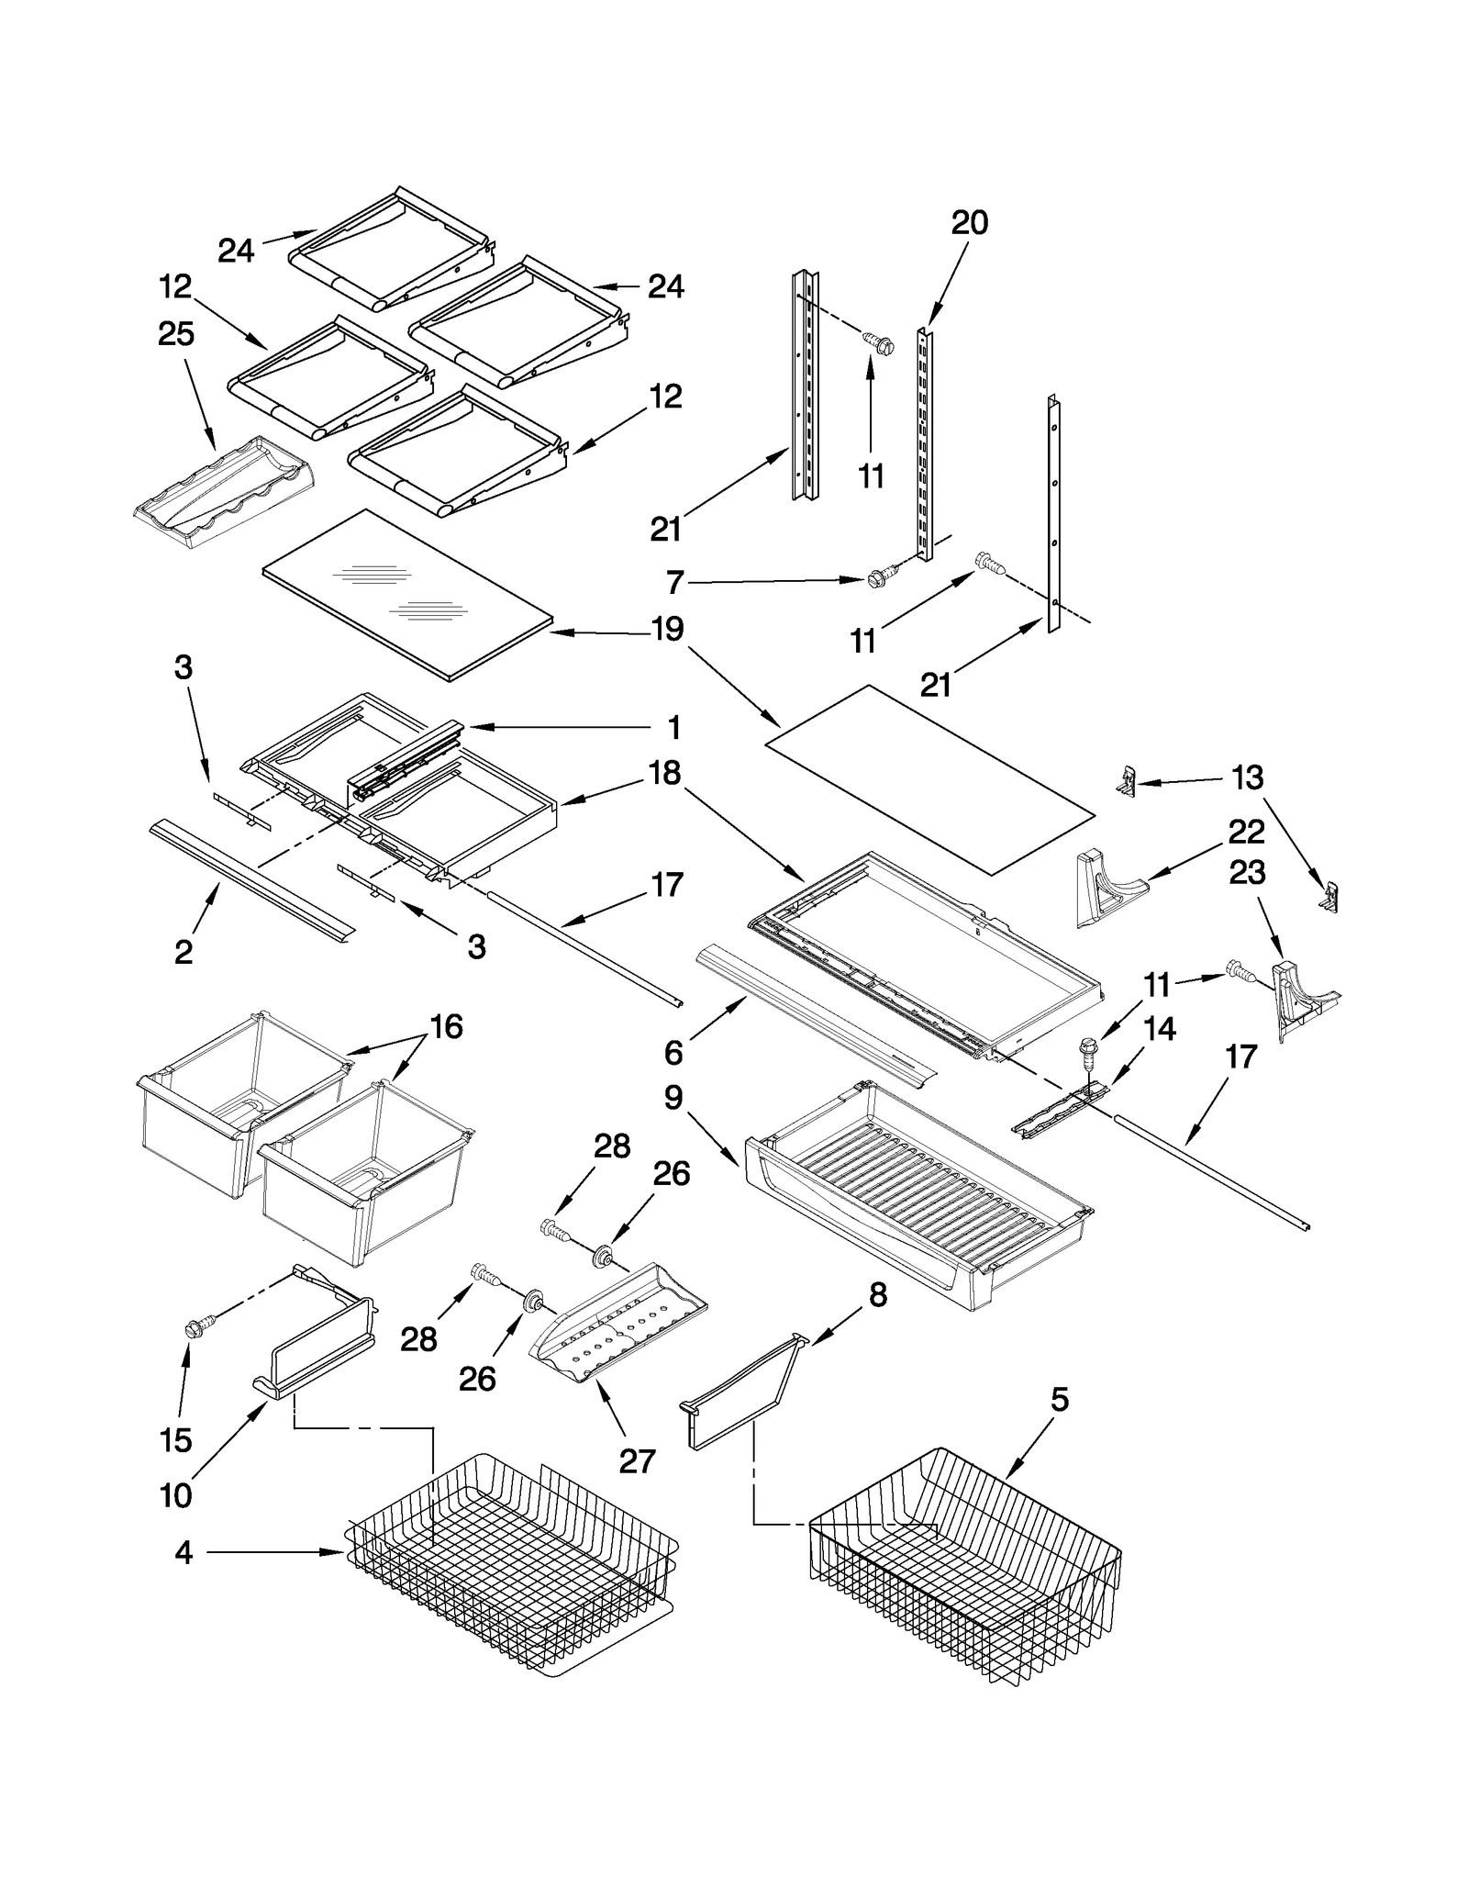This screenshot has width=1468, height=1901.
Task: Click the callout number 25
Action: click(x=176, y=333)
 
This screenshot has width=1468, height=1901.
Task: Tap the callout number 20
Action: click(x=969, y=223)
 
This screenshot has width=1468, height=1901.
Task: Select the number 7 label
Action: click(x=675, y=582)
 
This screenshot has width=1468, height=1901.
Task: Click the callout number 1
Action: click(x=674, y=728)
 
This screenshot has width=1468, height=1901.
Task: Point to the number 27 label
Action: click(x=637, y=1460)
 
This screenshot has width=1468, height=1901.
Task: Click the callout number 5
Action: click(x=1060, y=1400)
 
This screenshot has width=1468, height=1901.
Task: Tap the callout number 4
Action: click(x=183, y=1552)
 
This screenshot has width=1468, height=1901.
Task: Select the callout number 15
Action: click(x=175, y=1440)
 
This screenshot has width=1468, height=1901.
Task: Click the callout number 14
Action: click(x=1160, y=1029)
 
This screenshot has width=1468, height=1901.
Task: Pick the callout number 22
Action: click(x=1246, y=832)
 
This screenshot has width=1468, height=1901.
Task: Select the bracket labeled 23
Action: click(x=1296, y=999)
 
